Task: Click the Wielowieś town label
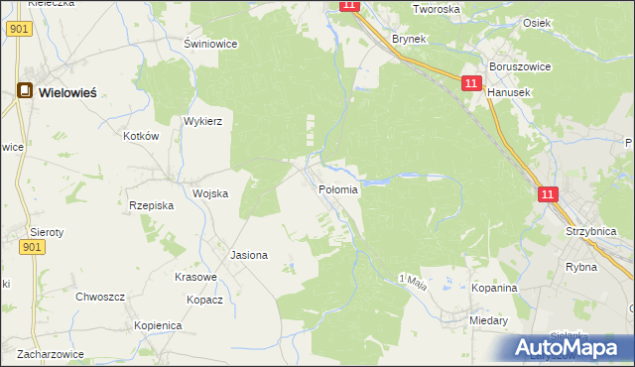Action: pos(67,92)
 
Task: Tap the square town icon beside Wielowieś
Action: pos(25,91)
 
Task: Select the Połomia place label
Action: pos(338,188)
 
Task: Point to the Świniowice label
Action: pos(207,44)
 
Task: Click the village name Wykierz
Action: pos(202,121)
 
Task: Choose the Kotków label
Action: pos(141,136)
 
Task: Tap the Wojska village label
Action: pos(210,193)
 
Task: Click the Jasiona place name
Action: pos(249,255)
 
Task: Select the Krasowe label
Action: pos(195,277)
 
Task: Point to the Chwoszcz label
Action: pos(100,296)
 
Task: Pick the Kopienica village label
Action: pos(158,325)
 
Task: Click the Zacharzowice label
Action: pos(49,353)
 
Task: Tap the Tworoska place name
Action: pos(437,9)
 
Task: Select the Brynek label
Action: pos(409,39)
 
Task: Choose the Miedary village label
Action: pos(489,320)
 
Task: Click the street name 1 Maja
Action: pos(412,281)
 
